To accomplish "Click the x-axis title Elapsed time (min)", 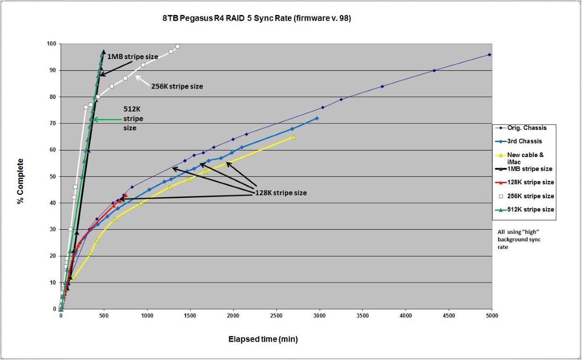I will pyautogui.click(x=263, y=339).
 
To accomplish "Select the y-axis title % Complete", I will pyautogui.click(x=20, y=181).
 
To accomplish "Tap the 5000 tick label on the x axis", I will pyautogui.click(x=492, y=316).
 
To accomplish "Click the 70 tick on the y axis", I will pyautogui.click(x=53, y=124).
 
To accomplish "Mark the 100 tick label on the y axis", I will pyautogui.click(x=51, y=44).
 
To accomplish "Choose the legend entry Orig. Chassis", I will pyautogui.click(x=527, y=127).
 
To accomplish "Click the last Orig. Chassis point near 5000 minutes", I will pyautogui.click(x=490, y=55).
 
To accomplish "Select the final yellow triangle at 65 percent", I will pyautogui.click(x=294, y=137).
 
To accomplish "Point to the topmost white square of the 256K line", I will pyautogui.click(x=178, y=46).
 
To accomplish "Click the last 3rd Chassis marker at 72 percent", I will pyautogui.click(x=317, y=118).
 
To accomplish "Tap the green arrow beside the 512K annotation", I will pyautogui.click(x=107, y=120).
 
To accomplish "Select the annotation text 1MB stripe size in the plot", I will pyautogui.click(x=133, y=57).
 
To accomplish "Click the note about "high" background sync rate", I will pyautogui.click(x=519, y=240).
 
